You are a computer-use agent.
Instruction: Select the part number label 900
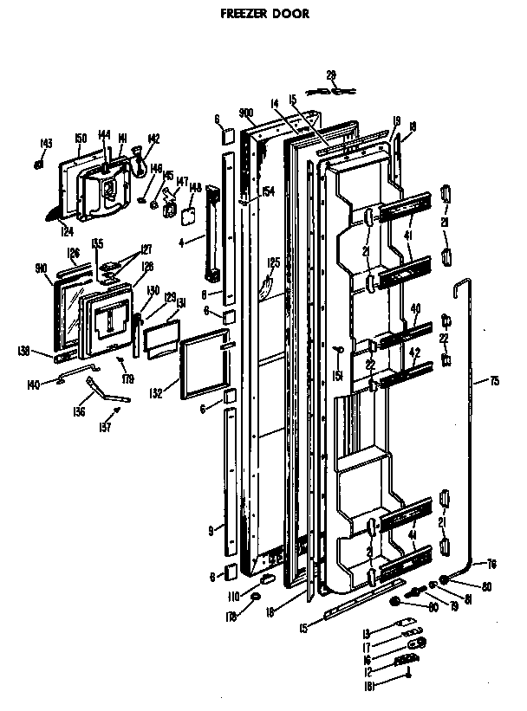246,113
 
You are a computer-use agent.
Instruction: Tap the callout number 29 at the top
331,75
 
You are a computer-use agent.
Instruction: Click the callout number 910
41,268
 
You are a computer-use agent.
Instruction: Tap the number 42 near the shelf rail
414,352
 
